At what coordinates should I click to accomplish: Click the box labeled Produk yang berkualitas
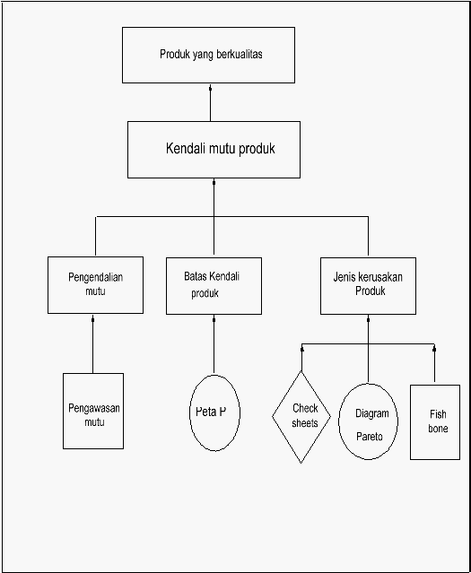pyautogui.click(x=208, y=55)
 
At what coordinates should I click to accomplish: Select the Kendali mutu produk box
pyautogui.click(x=214, y=150)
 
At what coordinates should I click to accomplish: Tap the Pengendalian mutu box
pyautogui.click(x=95, y=284)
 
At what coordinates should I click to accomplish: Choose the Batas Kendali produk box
pyautogui.click(x=214, y=286)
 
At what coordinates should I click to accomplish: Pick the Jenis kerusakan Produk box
pyautogui.click(x=368, y=286)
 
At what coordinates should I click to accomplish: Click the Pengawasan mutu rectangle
pyautogui.click(x=93, y=411)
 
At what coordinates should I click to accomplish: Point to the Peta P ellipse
pyautogui.click(x=214, y=412)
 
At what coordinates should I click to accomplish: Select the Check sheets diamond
pyautogui.click(x=301, y=417)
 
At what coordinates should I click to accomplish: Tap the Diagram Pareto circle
pyautogui.click(x=368, y=421)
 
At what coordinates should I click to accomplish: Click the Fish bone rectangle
pyautogui.click(x=435, y=422)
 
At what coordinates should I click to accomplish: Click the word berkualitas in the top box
pyautogui.click(x=240, y=55)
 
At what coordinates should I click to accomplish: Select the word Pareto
pyautogui.click(x=370, y=437)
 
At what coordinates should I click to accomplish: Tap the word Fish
pyautogui.click(x=438, y=414)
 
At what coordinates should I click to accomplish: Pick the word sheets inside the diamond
pyautogui.click(x=305, y=423)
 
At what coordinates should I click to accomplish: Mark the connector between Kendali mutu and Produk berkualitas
pyautogui.click(x=210, y=103)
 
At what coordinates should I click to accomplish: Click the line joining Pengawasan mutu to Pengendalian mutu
pyautogui.click(x=93, y=343)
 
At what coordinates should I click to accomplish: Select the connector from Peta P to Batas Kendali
pyautogui.click(x=214, y=344)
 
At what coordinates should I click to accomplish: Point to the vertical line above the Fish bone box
pyautogui.click(x=434, y=363)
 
